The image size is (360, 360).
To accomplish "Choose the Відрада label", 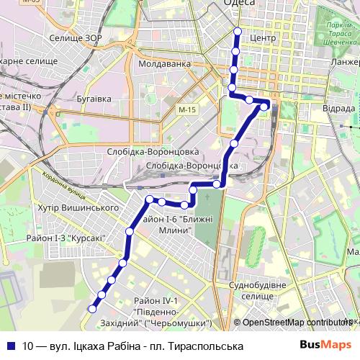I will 338,108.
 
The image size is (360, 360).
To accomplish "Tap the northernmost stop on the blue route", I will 238,31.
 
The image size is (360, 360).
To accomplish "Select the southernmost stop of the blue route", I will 91,309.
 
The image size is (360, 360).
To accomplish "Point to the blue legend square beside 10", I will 11,346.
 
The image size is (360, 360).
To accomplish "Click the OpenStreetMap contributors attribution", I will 295,323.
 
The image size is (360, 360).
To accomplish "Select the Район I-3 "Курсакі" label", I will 66,238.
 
